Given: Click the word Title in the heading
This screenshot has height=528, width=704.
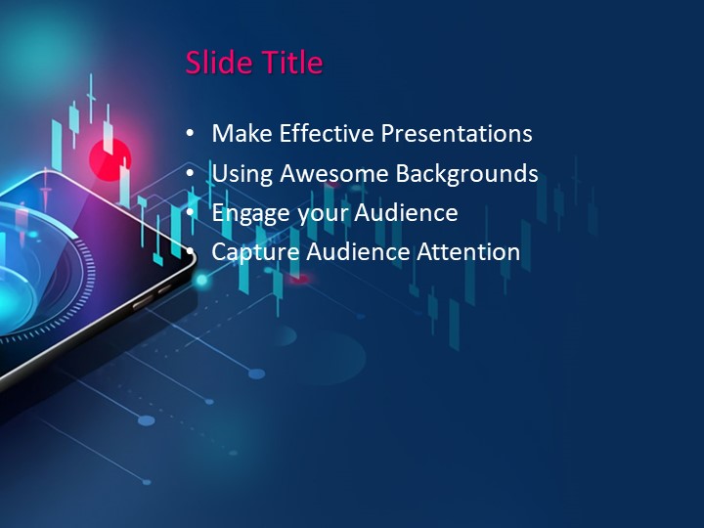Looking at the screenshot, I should (291, 63).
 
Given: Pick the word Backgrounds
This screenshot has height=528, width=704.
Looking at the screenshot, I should (466, 174).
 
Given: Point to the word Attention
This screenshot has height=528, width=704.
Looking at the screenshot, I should (468, 252).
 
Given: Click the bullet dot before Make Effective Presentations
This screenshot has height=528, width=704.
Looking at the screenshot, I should (190, 135).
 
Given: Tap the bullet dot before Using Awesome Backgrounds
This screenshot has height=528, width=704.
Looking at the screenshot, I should (190, 175).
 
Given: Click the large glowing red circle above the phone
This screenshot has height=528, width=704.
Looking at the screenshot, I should (109, 156).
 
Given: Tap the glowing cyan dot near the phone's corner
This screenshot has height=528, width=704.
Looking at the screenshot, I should (202, 281).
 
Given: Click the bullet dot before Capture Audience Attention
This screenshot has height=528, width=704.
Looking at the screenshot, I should (190, 253).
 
